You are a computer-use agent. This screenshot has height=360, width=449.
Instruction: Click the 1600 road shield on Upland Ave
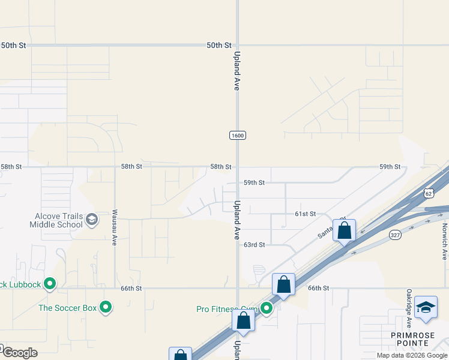tap(238, 136)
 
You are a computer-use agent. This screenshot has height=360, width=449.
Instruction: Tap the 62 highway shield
tap(427, 193)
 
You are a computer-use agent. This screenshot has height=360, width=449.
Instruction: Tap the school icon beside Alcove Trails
tap(92, 220)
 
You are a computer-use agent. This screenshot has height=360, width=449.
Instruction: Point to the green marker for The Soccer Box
tap(106, 308)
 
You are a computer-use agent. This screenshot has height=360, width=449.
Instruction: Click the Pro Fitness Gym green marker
tap(267, 309)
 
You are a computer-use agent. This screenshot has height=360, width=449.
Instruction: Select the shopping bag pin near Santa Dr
tap(344, 230)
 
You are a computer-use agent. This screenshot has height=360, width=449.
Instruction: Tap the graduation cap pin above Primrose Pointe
tap(426, 308)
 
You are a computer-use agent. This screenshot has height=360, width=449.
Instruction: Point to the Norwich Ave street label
tap(445, 244)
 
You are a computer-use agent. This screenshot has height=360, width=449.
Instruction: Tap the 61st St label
tap(305, 214)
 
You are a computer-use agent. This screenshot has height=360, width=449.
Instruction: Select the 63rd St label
tap(254, 245)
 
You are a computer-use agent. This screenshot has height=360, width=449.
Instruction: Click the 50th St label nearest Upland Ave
tap(218, 45)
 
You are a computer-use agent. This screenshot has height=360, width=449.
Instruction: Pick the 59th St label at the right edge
tap(390, 167)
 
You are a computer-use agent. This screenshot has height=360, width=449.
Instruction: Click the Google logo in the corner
tap(19, 352)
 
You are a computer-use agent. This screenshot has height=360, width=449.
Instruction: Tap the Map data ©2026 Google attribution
tap(412, 355)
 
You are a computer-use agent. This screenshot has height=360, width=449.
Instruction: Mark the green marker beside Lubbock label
tap(50, 283)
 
